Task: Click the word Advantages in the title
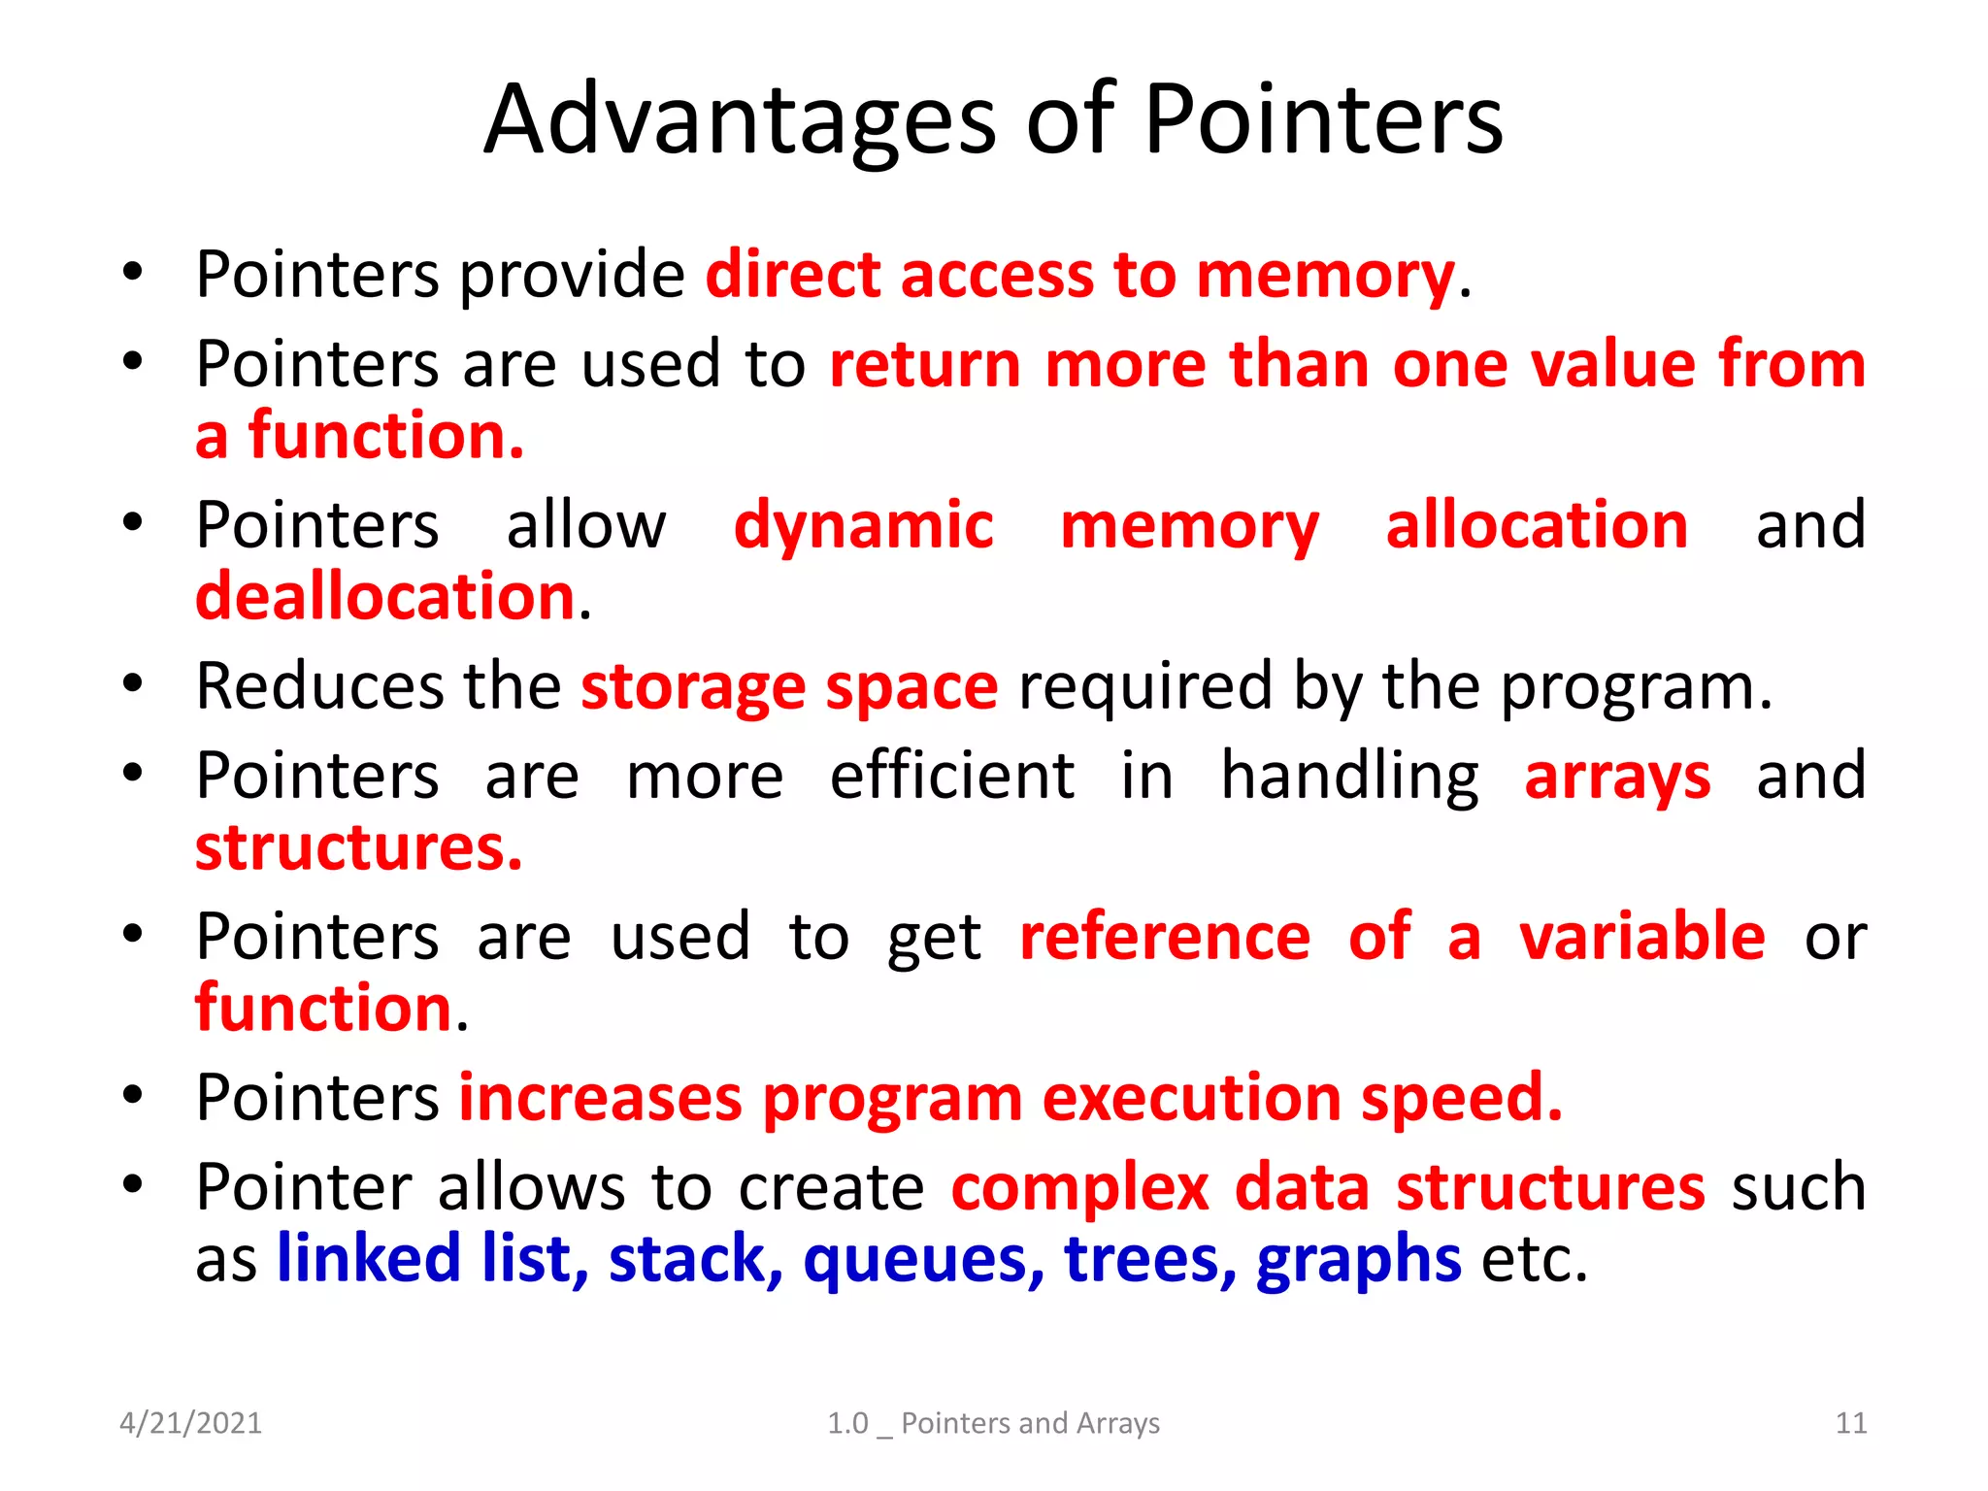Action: coord(740,120)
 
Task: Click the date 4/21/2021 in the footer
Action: coord(190,1423)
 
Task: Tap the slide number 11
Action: coord(1851,1423)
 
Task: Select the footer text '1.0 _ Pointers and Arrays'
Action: coord(993,1423)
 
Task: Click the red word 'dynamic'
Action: coord(863,525)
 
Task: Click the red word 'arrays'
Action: coord(1617,778)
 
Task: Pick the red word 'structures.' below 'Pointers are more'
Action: coord(358,847)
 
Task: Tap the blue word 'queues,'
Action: coord(923,1259)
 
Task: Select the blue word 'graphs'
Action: coord(1358,1259)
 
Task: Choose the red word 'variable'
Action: coord(1641,937)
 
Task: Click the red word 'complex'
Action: coord(1079,1188)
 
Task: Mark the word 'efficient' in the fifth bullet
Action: coord(951,776)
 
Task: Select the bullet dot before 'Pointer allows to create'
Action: coord(133,1183)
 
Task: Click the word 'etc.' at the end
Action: coord(1534,1259)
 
